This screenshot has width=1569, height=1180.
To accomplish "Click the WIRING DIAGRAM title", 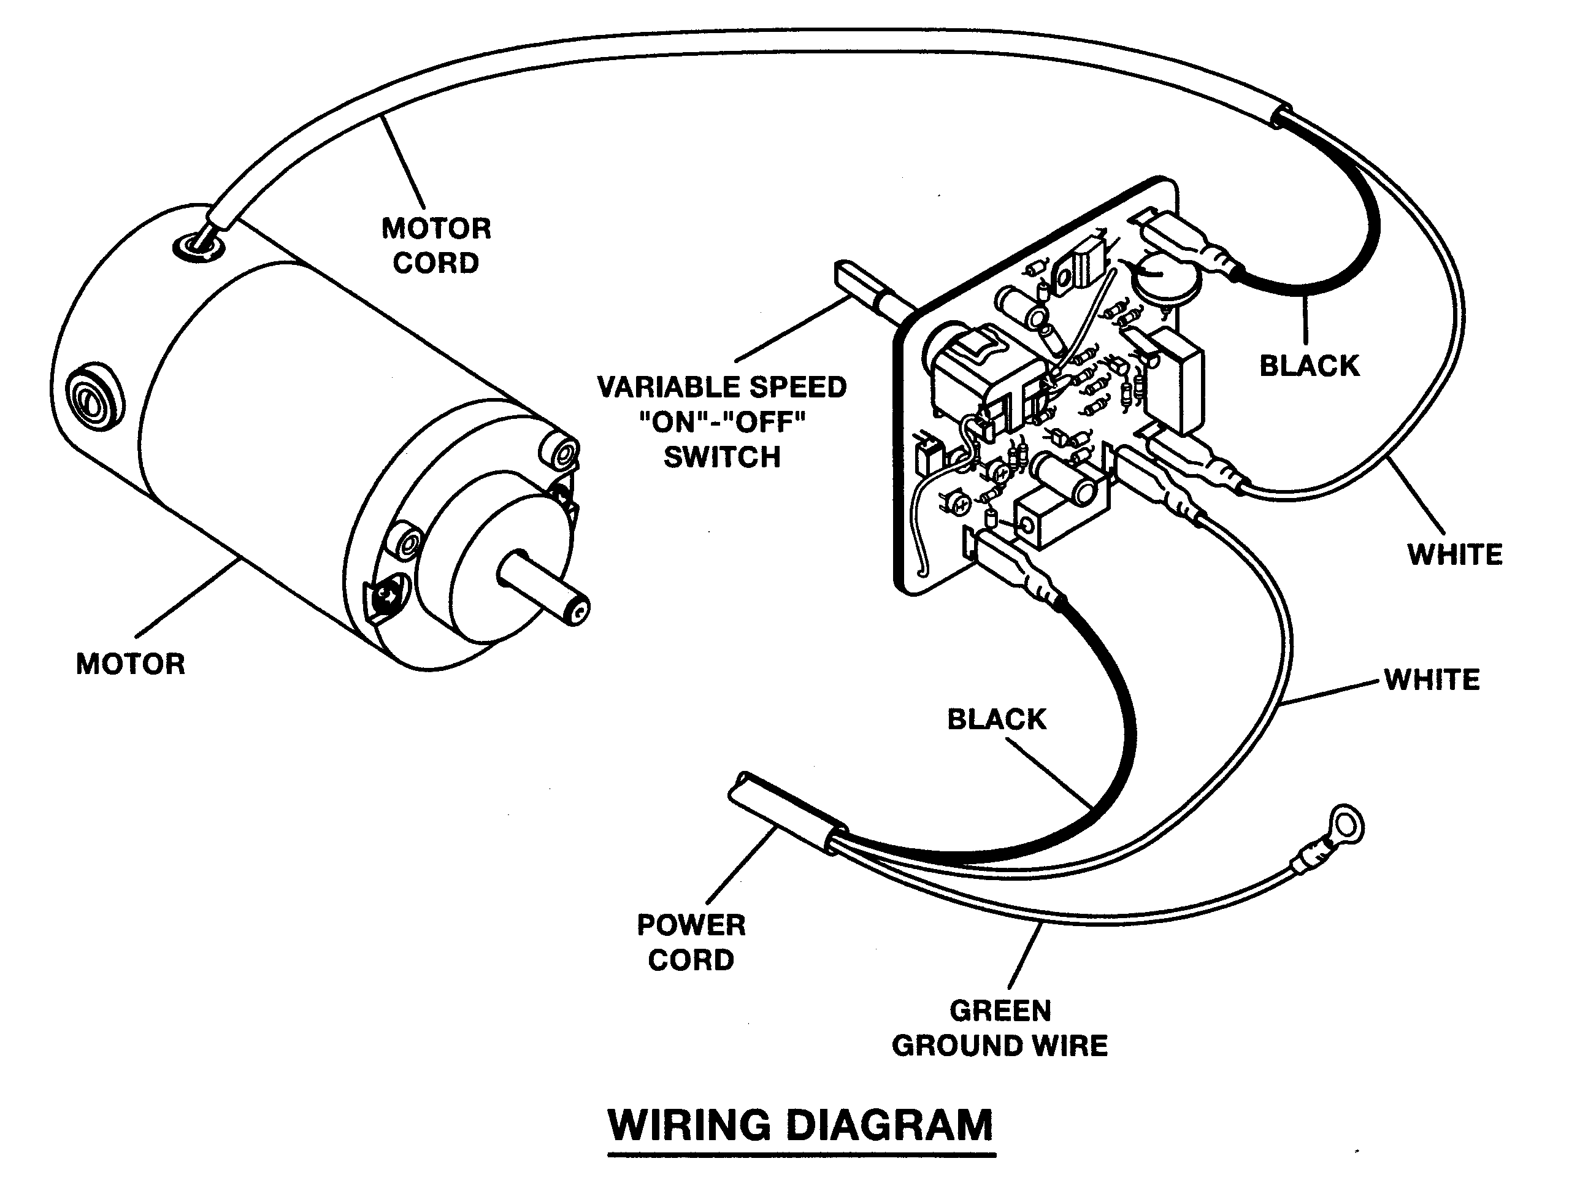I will pyautogui.click(x=801, y=1125).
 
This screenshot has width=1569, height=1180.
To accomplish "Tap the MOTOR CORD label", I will pyautogui.click(x=436, y=245).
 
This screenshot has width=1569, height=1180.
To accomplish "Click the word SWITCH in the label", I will pyautogui.click(x=721, y=457).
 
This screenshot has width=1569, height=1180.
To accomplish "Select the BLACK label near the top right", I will pyautogui.click(x=1309, y=366).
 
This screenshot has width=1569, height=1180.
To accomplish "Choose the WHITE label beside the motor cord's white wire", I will pyautogui.click(x=1455, y=554).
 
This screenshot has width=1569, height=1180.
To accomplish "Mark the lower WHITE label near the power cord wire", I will pyautogui.click(x=1432, y=680).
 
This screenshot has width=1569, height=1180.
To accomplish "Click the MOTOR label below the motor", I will pyautogui.click(x=131, y=664).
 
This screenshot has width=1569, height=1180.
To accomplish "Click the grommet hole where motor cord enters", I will pyautogui.click(x=197, y=247).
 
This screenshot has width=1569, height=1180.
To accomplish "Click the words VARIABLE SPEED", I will pyautogui.click(x=721, y=387).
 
